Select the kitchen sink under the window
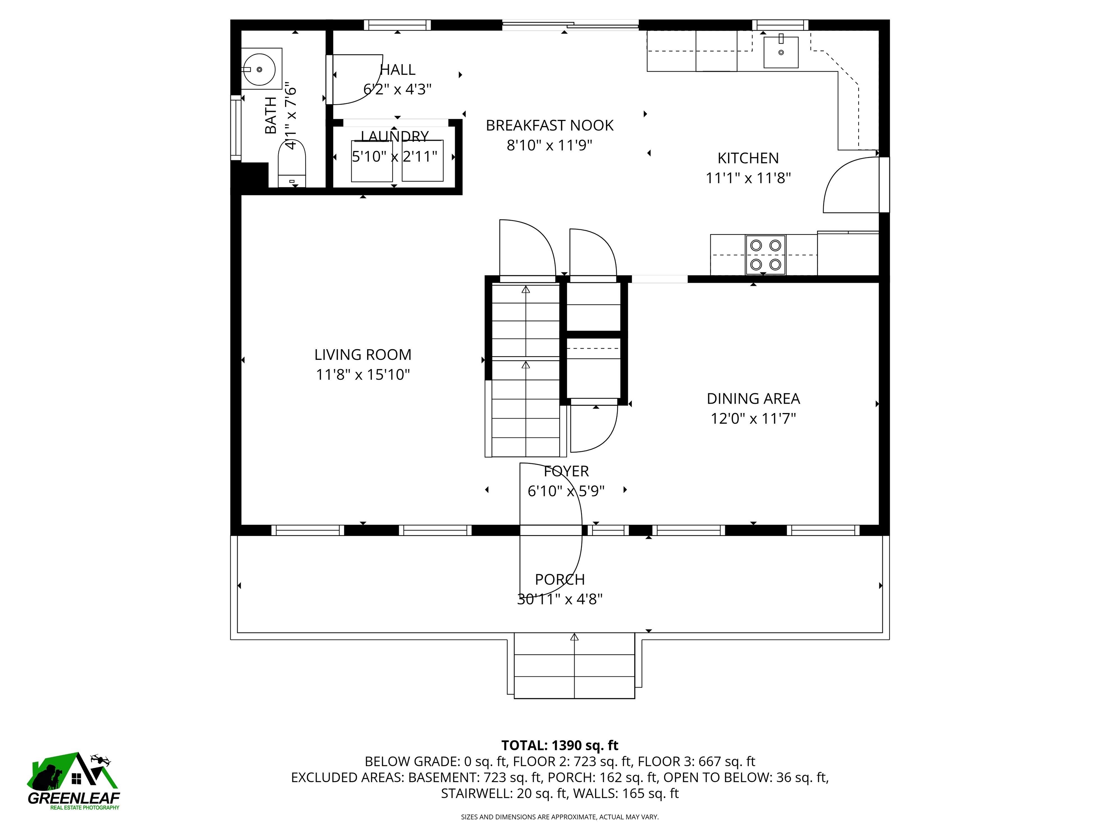click(781, 52)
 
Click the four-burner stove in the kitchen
click(765, 255)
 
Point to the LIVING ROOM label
click(362, 354)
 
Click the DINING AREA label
click(753, 398)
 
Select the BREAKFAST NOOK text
click(549, 125)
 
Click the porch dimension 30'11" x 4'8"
click(560, 599)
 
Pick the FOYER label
click(566, 471)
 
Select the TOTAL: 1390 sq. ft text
click(560, 745)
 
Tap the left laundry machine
click(372, 161)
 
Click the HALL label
click(397, 69)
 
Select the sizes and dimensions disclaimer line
click(560, 817)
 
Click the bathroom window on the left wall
click(236, 128)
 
